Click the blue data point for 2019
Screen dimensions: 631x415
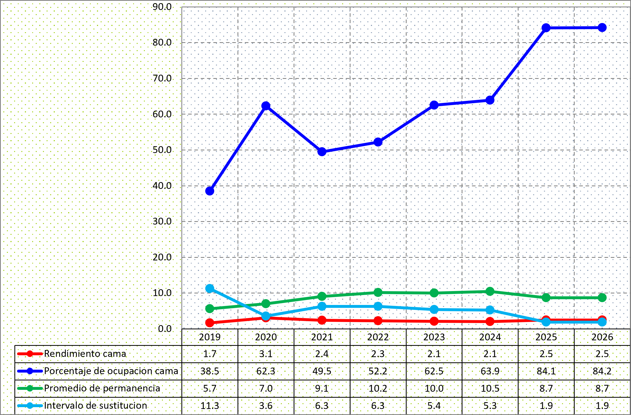click(210, 191)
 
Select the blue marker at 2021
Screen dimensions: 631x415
click(322, 152)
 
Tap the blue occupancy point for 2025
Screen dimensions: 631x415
click(546, 28)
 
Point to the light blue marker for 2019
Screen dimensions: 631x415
click(210, 288)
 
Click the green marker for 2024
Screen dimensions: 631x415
click(490, 291)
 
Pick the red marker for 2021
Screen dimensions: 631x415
click(322, 320)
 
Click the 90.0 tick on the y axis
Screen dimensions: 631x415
click(162, 7)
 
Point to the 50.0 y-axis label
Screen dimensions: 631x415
click(162, 150)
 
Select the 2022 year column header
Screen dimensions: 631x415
click(378, 337)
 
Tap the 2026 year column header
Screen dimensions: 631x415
click(602, 337)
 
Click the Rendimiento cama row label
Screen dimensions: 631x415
click(85, 354)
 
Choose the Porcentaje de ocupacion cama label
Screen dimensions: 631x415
click(111, 371)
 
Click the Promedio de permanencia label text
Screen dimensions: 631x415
click(102, 388)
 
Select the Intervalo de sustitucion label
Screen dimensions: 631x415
click(95, 406)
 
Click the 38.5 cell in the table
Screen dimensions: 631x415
click(210, 371)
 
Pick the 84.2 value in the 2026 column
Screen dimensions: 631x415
click(602, 371)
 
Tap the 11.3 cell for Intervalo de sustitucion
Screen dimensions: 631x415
click(210, 406)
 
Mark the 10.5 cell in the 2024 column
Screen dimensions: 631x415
click(490, 389)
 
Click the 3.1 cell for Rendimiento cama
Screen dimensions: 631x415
click(266, 354)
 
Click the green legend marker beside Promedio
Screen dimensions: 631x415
click(30, 389)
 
